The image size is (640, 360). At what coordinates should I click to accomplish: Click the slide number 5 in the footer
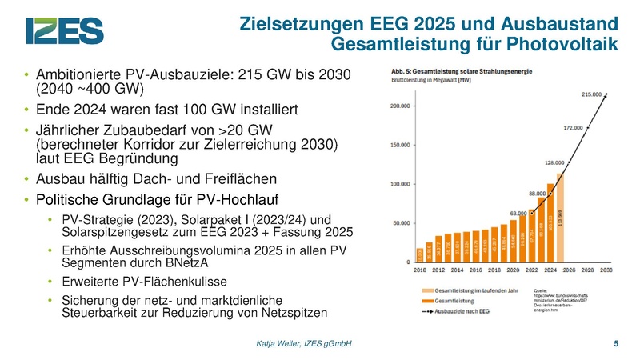coord(615,343)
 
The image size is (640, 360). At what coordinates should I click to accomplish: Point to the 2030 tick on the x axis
coord(606,270)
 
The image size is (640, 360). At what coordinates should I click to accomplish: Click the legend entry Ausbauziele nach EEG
coord(460,310)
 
